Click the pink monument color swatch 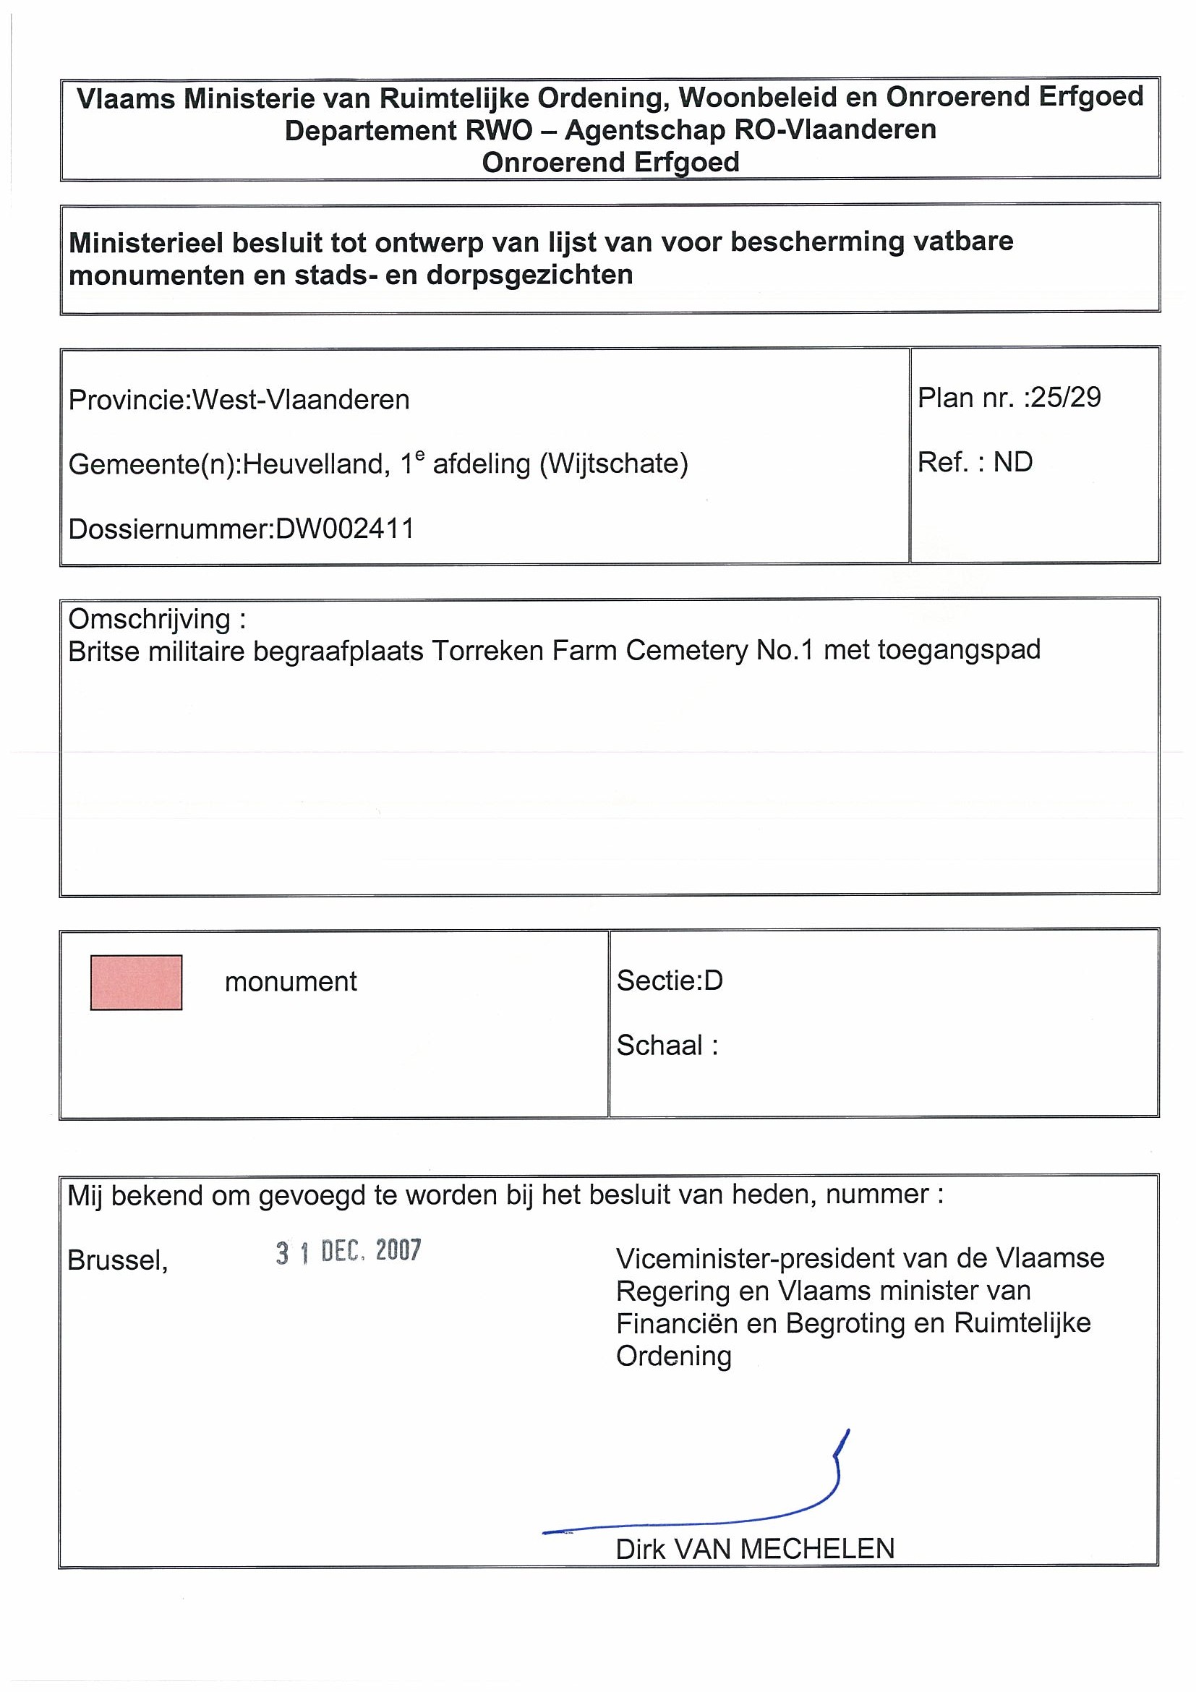[136, 983]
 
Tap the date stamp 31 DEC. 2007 [349, 1252]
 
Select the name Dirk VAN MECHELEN [755, 1549]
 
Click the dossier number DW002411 [344, 529]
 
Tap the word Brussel [117, 1260]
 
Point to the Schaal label [659, 1045]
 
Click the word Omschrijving [150, 619]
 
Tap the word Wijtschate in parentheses [614, 463]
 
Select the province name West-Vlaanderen [301, 399]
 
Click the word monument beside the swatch [291, 982]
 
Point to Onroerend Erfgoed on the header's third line [610, 162]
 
